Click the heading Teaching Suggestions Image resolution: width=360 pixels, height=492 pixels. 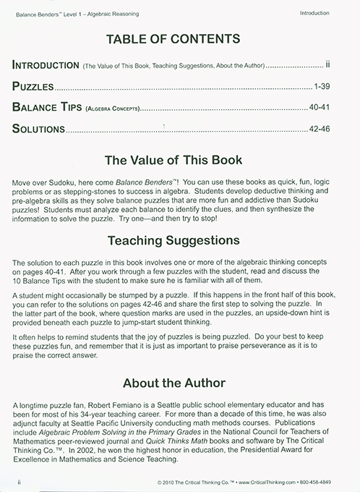(179, 239)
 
